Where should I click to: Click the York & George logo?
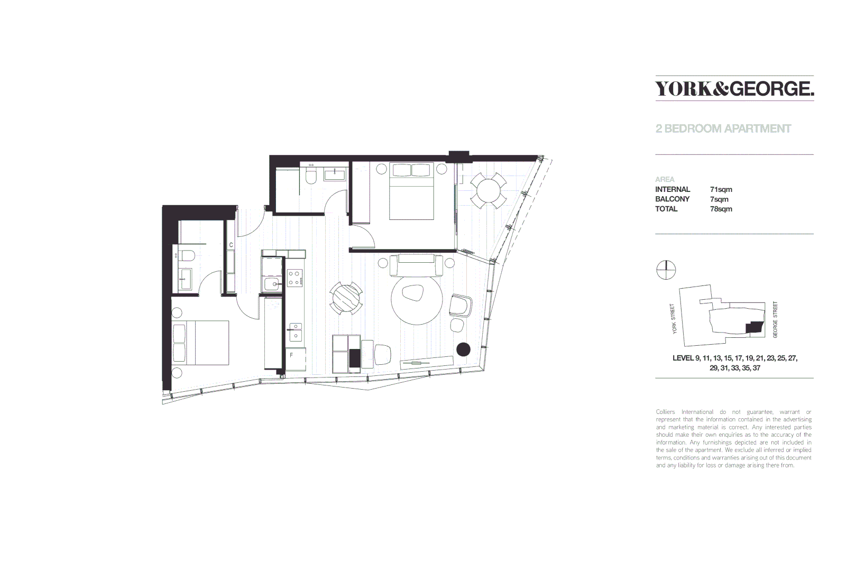[734, 88]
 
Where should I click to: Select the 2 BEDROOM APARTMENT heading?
[723, 128]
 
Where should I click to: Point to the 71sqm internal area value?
[721, 189]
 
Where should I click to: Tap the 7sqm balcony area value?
[719, 199]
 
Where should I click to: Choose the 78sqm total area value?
[721, 209]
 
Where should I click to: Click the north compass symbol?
[666, 270]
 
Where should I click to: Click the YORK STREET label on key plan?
[673, 319]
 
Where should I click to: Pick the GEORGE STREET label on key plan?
[775, 320]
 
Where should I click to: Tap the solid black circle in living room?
[464, 349]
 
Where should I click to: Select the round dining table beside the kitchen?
[346, 299]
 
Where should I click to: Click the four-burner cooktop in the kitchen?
[295, 278]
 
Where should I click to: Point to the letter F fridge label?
[291, 355]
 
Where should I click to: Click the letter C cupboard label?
[231, 245]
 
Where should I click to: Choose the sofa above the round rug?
[416, 265]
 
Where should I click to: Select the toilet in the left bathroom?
[187, 256]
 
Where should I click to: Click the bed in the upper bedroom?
[411, 191]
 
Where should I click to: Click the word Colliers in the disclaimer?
[665, 412]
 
